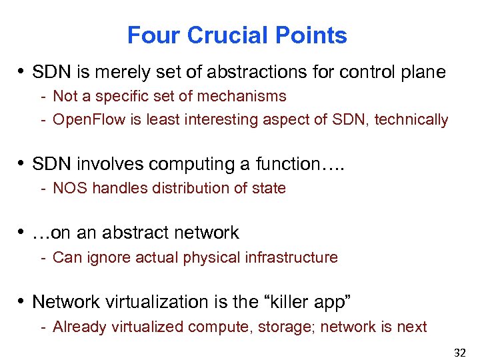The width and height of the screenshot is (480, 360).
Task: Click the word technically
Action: tap(415, 120)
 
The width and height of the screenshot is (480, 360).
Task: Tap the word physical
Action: tap(212, 257)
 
